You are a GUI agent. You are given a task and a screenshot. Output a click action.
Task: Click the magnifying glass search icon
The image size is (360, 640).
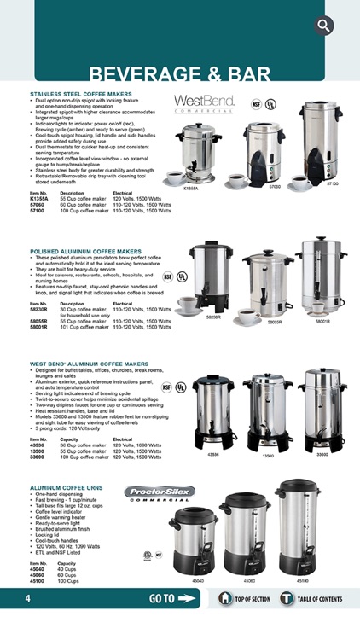click(324, 25)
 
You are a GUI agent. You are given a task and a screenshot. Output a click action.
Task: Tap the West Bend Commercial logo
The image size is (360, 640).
click(205, 103)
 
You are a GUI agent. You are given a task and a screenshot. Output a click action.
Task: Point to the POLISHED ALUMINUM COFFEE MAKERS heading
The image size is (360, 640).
click(85, 252)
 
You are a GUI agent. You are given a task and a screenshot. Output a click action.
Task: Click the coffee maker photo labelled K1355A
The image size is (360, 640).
click(194, 153)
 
